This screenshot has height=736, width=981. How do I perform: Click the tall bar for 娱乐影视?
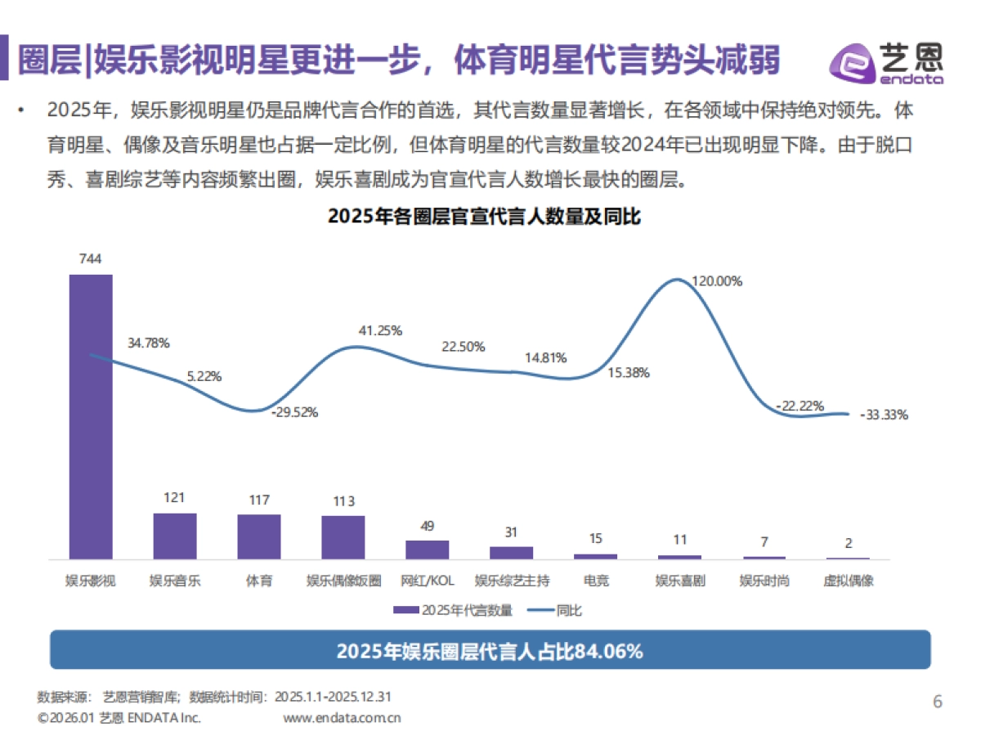coord(91,416)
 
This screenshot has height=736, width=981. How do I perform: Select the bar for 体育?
coord(259,536)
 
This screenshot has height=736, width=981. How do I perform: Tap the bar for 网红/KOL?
coord(428,550)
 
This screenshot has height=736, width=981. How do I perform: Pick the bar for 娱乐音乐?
coord(175,536)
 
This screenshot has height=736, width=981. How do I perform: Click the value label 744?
coord(90,259)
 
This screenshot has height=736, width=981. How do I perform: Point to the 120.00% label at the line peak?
coord(717,281)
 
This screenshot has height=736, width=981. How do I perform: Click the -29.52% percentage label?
coord(293,413)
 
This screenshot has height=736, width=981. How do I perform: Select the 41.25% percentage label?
coord(380,330)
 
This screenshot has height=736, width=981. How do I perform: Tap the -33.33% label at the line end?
coord(884,415)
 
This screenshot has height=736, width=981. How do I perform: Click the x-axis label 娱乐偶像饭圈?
coord(343,581)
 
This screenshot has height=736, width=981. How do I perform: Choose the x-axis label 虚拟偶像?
coord(848,581)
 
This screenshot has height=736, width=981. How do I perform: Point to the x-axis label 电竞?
coord(596,581)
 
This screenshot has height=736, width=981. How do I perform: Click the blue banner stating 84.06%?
coord(490,651)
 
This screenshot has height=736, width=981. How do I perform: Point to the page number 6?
coord(938,702)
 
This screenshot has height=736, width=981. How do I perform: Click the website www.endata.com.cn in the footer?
coord(342,719)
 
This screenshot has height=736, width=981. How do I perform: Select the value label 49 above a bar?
coord(428,526)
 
